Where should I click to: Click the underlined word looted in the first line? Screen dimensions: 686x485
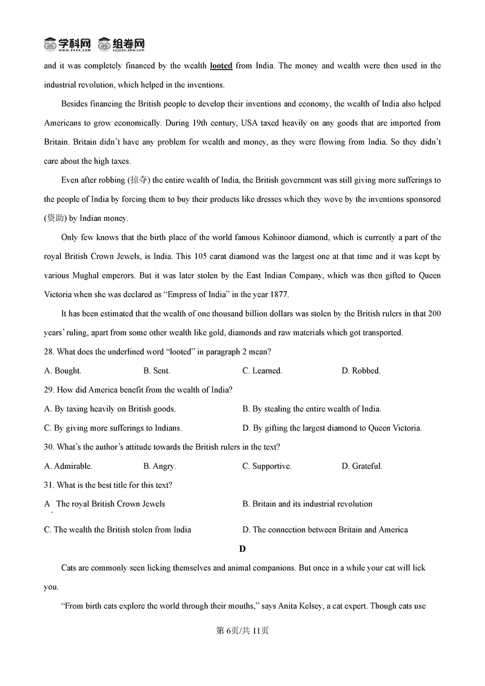click(221, 66)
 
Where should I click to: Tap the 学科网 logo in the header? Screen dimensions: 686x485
click(67, 44)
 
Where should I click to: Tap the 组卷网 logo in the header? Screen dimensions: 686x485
click(122, 44)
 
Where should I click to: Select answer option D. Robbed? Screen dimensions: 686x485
click(361, 371)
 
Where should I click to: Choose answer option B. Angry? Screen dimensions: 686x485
click(159, 466)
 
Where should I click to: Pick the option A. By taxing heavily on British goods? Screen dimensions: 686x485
click(110, 409)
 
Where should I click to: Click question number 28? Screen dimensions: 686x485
click(49, 352)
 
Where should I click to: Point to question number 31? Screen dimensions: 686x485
click(49, 485)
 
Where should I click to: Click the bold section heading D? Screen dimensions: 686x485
click(242, 549)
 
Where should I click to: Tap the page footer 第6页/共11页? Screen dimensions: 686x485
click(242, 631)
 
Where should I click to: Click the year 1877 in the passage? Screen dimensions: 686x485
click(279, 295)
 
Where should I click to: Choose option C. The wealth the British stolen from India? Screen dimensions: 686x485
click(118, 530)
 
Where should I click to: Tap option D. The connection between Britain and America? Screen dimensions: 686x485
click(325, 530)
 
